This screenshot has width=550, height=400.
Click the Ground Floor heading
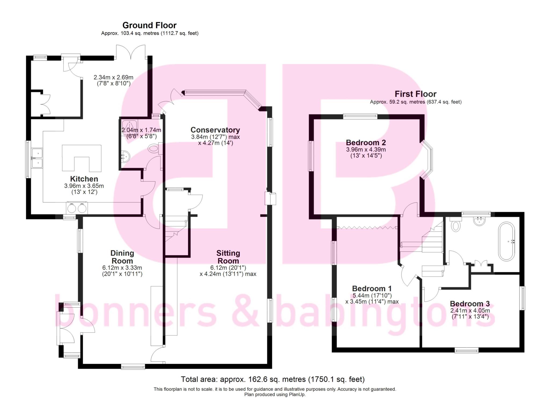[x=149, y=25]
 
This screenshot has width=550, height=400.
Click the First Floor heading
[x=415, y=94]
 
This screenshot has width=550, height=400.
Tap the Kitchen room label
[x=84, y=179]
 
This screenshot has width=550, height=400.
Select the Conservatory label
[x=215, y=130]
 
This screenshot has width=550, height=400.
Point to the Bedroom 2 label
[x=366, y=142]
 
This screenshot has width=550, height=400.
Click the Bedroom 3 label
[x=470, y=304]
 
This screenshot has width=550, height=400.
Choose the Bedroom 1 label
[x=372, y=289]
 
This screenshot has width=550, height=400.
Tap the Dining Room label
[x=122, y=257]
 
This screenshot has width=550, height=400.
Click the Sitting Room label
[x=228, y=257]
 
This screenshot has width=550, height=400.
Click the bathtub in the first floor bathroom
[x=506, y=241]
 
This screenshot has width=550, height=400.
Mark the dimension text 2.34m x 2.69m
[x=113, y=77]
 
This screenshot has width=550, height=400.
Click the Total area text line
[x=273, y=379]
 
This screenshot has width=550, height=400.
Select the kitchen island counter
[x=82, y=158]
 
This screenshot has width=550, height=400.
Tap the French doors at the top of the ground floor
[x=131, y=52]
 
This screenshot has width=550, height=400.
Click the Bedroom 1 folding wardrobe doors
[x=367, y=228]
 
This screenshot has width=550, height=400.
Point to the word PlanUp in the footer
[x=297, y=395]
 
